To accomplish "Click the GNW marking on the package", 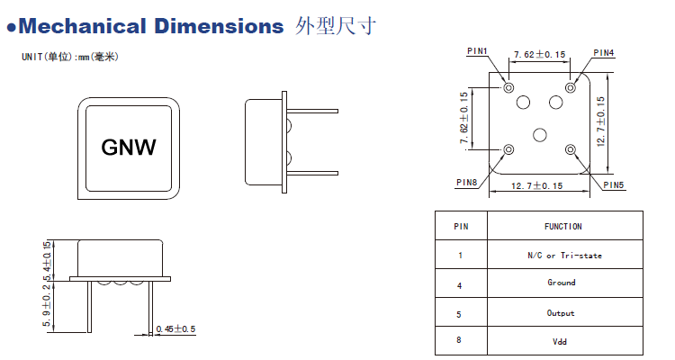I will point(129,147).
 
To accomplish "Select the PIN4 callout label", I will point(604,53).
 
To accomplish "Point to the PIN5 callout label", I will point(613,184).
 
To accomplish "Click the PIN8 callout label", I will point(466,182).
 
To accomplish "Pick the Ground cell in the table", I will point(562,283).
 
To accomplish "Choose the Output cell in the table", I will point(562,313).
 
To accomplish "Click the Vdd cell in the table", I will point(562,342).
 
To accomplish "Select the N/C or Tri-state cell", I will point(564,256).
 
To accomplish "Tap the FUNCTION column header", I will point(563,227).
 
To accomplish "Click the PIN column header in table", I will point(460,227).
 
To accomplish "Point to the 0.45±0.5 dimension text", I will point(175,328).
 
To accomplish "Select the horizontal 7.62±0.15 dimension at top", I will point(539,55).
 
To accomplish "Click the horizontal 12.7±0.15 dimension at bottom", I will point(536,185).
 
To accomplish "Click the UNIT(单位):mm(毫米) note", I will point(70,58).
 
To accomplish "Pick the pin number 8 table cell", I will point(460,342).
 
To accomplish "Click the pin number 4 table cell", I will point(460,285).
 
